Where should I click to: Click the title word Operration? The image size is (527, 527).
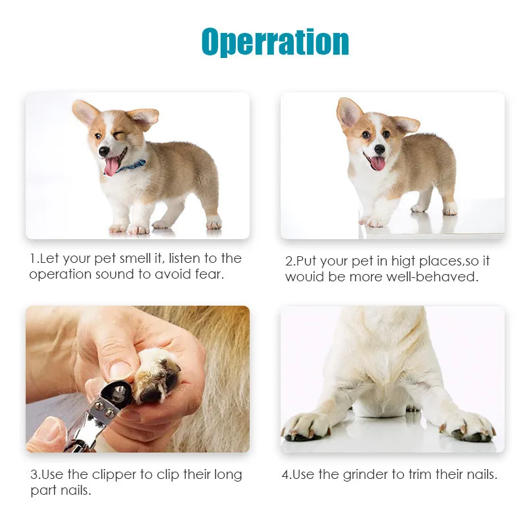[x=275, y=42]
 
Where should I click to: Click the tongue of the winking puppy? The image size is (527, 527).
[x=111, y=167]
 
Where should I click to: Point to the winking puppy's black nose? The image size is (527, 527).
[x=104, y=151]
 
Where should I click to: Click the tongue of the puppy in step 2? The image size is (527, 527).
[x=377, y=163]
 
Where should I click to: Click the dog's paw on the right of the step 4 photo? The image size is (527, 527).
[x=470, y=426]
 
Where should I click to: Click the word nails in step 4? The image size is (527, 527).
[x=480, y=475]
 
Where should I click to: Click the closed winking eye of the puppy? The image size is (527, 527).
[x=118, y=136]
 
